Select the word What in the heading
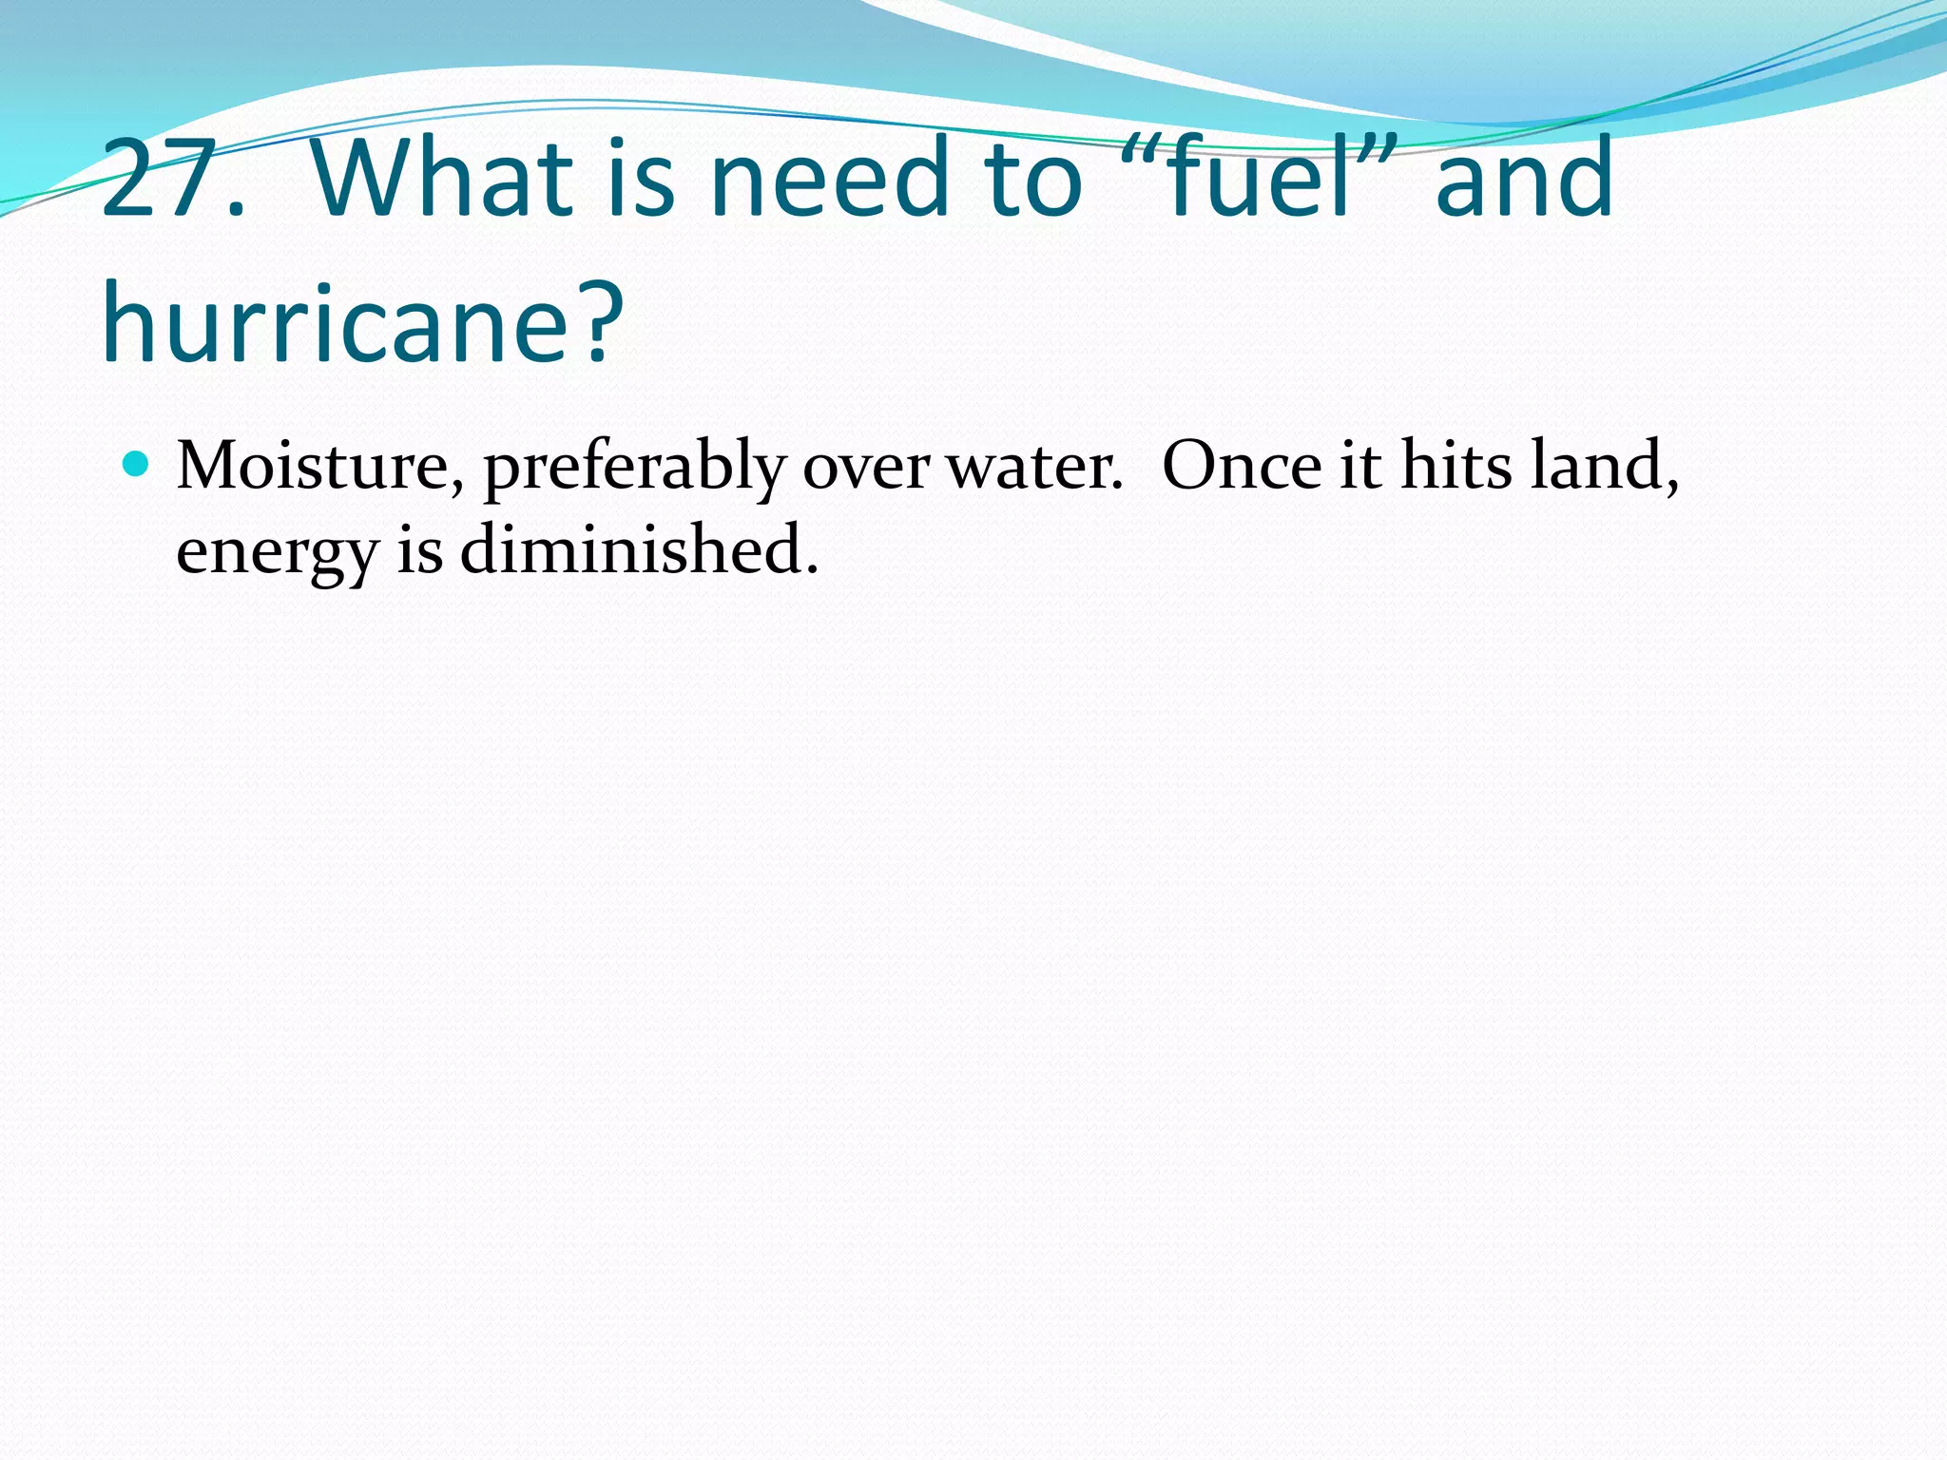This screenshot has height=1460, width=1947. click(441, 179)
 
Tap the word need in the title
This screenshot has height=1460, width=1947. click(829, 179)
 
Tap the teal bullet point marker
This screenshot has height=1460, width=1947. click(137, 464)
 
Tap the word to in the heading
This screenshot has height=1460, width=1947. click(1034, 179)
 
